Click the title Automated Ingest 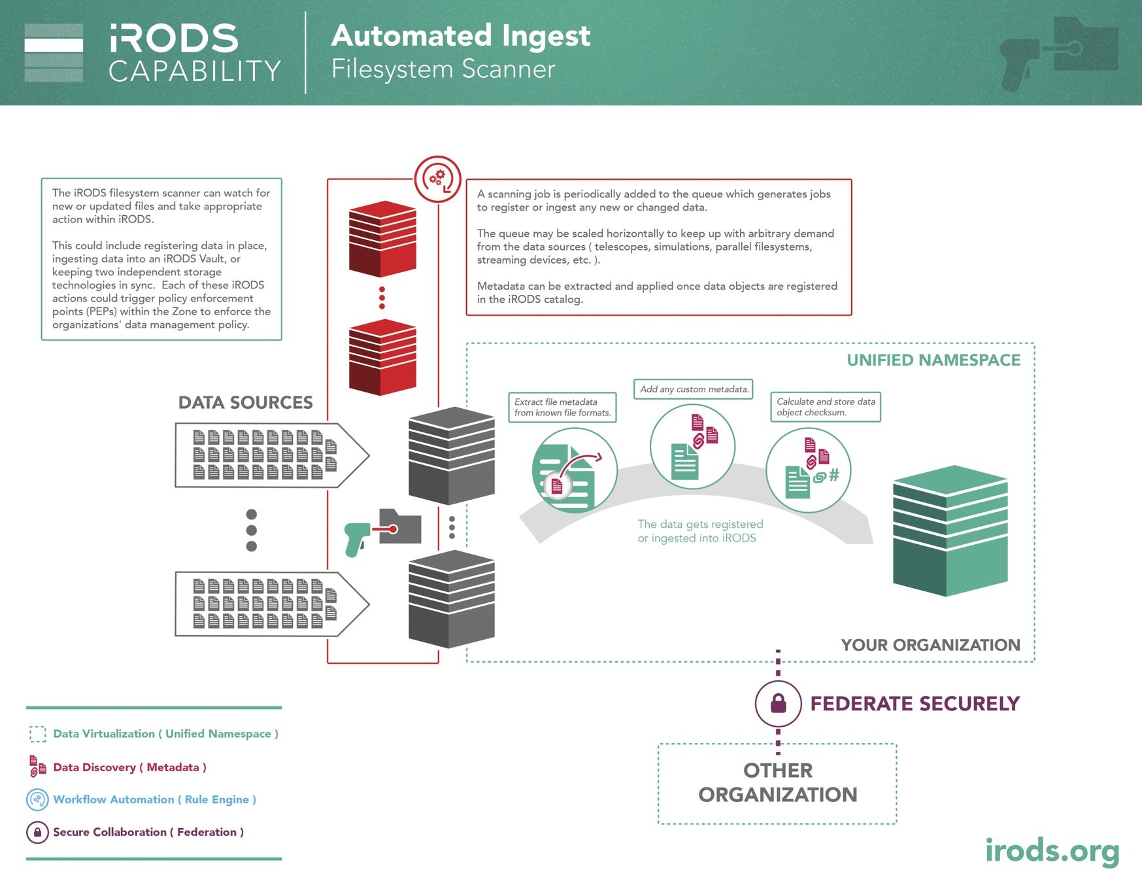(460, 35)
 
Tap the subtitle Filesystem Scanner (443, 69)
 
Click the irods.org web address (1052, 850)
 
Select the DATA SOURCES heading (245, 402)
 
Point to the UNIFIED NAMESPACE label (933, 360)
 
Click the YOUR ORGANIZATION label (930, 645)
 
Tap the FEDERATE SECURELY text (915, 703)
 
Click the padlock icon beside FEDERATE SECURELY (778, 704)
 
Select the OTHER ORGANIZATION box (777, 783)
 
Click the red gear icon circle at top (437, 179)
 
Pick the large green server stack (950, 530)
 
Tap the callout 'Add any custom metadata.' (694, 389)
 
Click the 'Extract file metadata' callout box (562, 407)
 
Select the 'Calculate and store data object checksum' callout (825, 407)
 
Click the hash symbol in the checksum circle (833, 475)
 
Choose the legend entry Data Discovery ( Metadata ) (129, 767)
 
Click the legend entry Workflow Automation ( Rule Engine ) (154, 799)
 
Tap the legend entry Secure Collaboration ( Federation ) (148, 832)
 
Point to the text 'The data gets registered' (700, 524)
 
